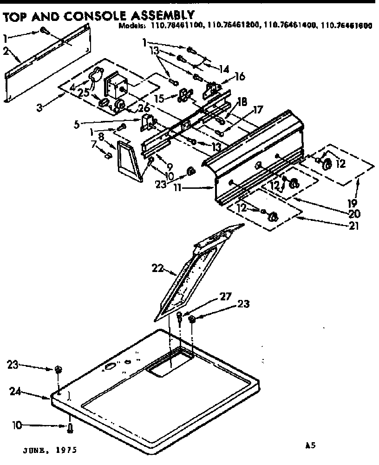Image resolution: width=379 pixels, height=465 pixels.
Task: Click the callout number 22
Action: pos(158,268)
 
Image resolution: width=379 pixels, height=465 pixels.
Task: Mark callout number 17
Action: pos(258,111)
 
